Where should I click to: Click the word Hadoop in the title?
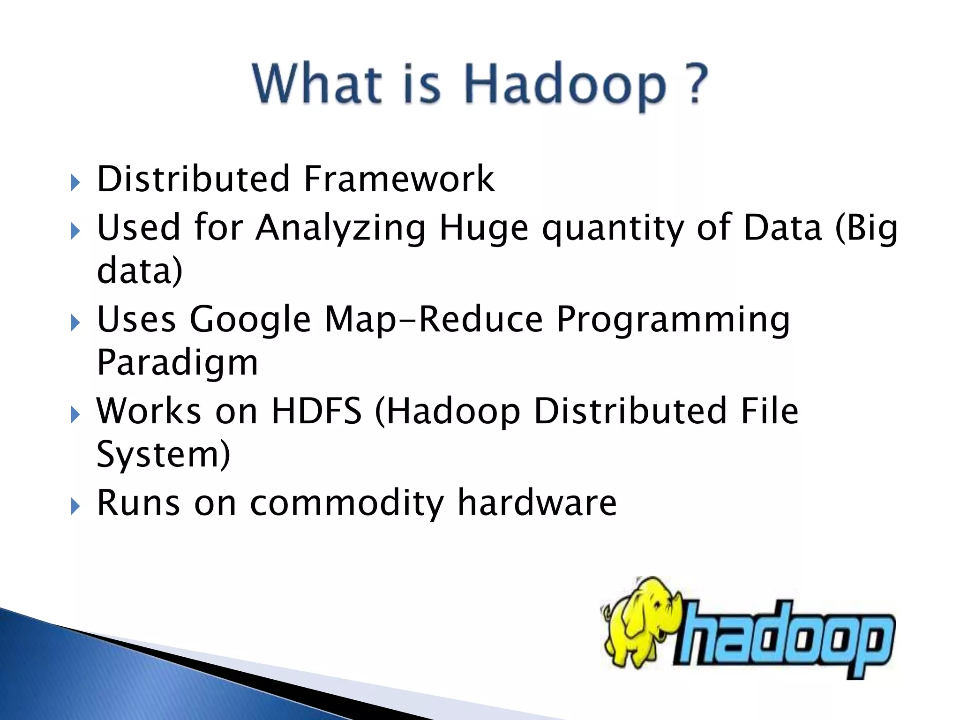pos(564,85)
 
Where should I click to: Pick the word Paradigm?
pos(177,364)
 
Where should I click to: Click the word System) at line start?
pos(163,454)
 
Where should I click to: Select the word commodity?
pos(347,503)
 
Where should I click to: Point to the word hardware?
pos(537,502)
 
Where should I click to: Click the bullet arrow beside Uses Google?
pos(75,323)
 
